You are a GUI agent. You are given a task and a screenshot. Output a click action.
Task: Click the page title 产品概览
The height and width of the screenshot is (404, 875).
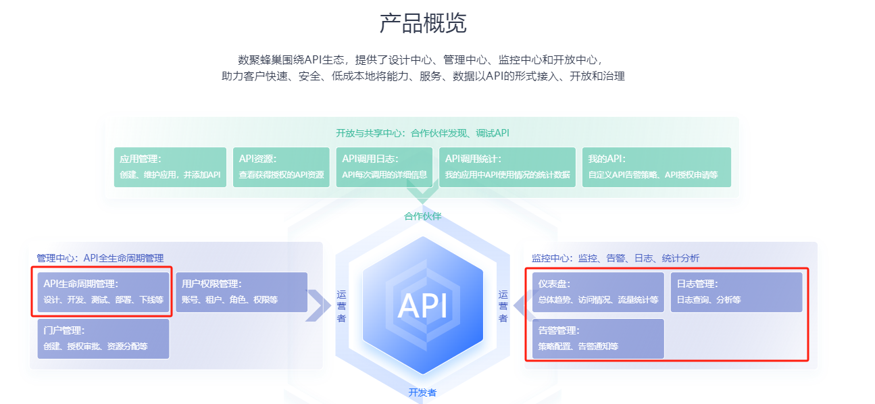[423, 24]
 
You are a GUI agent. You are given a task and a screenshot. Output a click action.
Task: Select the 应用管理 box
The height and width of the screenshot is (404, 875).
[170, 167]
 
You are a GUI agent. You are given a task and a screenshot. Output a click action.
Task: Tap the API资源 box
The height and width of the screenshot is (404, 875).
[281, 167]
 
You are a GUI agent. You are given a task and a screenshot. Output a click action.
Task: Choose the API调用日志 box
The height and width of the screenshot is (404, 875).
[384, 167]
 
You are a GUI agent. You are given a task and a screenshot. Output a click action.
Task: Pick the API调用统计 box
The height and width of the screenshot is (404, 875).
[507, 167]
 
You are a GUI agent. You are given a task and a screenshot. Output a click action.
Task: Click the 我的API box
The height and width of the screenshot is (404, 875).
[656, 167]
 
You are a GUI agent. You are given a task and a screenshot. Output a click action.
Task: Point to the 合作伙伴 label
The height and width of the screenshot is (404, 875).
[423, 216]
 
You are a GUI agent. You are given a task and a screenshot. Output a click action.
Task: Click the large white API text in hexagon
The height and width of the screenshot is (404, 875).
[423, 305]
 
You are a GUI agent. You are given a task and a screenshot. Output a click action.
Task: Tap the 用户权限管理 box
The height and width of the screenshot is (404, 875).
[241, 292]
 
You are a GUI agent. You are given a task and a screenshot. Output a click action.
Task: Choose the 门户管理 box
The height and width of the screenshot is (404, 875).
[103, 338]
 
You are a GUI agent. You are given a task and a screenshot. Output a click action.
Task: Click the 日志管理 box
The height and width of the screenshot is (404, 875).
[736, 292]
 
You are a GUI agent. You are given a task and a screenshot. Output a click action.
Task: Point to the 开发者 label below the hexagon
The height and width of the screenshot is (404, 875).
[423, 392]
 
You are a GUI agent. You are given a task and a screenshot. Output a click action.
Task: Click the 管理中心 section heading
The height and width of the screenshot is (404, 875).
[100, 258]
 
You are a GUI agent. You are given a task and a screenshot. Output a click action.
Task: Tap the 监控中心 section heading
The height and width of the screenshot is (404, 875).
[615, 258]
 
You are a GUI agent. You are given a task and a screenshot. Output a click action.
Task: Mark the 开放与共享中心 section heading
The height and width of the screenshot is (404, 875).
[422, 132]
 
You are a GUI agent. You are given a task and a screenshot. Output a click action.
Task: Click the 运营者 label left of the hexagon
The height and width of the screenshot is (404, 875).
[341, 306]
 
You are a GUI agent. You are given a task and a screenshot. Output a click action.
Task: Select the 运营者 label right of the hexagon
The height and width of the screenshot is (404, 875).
[503, 306]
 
